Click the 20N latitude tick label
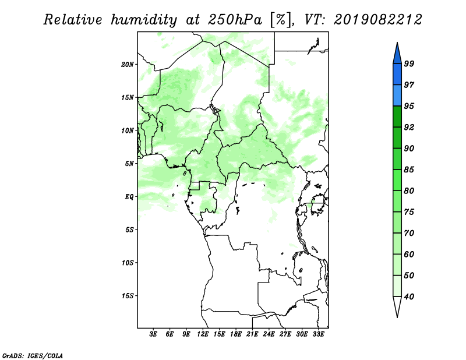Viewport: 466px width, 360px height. click(128, 64)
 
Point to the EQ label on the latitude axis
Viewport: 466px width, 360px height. click(129, 196)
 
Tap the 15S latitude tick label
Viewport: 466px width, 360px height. click(128, 295)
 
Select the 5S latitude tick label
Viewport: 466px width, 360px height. click(129, 230)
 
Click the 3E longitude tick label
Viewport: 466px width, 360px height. click(153, 334)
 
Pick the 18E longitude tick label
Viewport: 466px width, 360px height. click(236, 334)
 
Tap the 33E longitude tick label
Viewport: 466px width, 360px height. click(318, 334)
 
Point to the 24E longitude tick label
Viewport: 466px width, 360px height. click(269, 334)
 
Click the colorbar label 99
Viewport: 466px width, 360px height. click(409, 63)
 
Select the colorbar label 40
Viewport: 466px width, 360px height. click(409, 297)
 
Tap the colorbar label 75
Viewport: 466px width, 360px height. click(409, 211)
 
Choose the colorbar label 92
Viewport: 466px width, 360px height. click(409, 127)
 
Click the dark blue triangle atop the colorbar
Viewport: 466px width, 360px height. click(397, 55)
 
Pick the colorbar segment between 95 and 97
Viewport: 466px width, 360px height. click(397, 96)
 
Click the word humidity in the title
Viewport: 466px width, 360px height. click(144, 20)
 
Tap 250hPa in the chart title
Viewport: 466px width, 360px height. click(235, 20)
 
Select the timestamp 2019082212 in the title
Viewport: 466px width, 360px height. click(378, 20)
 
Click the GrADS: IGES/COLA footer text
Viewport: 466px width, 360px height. click(33, 355)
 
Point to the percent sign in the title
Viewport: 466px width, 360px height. click(281, 20)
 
